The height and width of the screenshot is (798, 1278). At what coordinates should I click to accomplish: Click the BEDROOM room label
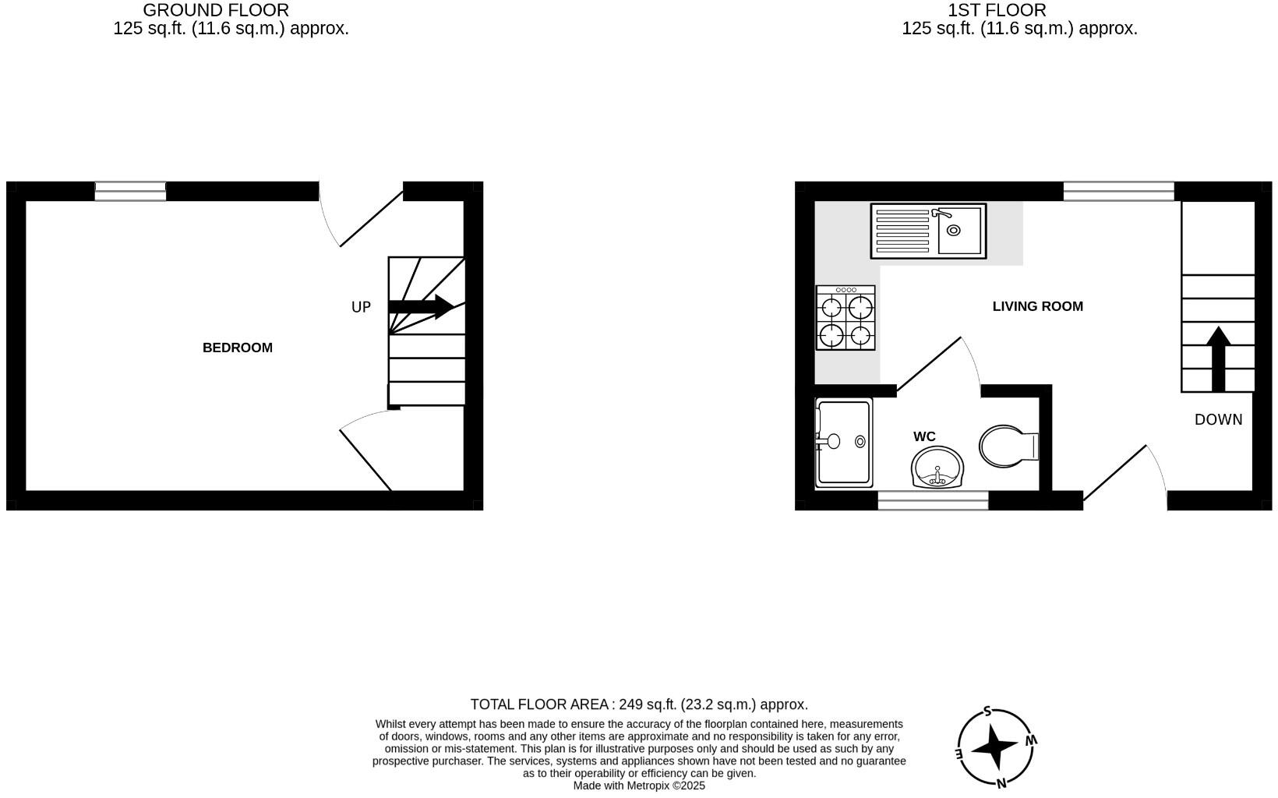238,348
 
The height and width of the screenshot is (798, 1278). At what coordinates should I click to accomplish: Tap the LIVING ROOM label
1037,306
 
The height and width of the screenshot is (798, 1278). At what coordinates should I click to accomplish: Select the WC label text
924,436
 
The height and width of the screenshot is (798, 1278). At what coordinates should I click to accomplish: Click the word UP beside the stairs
361,307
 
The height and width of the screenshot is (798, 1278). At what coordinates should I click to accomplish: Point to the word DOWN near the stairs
1218,419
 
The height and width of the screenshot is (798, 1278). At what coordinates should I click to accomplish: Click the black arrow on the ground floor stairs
422,306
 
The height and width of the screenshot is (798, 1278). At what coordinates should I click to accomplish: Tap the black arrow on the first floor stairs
1218,358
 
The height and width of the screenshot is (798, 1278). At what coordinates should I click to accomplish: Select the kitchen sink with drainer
928,231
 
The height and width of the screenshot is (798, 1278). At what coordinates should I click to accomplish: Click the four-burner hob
846,318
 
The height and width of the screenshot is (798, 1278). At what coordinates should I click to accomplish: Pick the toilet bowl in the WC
1005,447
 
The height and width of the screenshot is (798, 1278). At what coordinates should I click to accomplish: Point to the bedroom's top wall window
130,191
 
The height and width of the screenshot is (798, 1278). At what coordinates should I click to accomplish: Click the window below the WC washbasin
933,501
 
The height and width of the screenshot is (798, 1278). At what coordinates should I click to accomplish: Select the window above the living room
1118,191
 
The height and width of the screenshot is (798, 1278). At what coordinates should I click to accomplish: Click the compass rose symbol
997,747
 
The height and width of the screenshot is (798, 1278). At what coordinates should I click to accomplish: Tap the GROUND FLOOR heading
216,10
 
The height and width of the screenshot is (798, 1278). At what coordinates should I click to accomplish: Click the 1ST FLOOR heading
997,10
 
